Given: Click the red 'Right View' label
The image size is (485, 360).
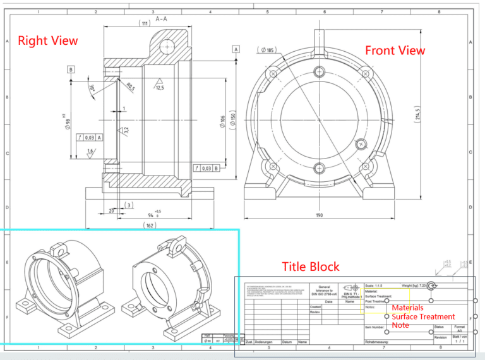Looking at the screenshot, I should (48, 40).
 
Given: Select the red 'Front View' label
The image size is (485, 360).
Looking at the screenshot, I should (395, 51).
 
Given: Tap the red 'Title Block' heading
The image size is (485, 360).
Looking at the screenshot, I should (310, 267).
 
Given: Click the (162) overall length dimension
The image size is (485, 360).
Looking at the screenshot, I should (149, 224).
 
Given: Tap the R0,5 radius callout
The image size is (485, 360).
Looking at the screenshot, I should (130, 87).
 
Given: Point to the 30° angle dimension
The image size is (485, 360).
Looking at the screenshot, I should (92, 88).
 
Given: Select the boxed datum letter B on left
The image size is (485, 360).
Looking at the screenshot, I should (71, 69).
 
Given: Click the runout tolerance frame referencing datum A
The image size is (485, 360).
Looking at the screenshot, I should (90, 136).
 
